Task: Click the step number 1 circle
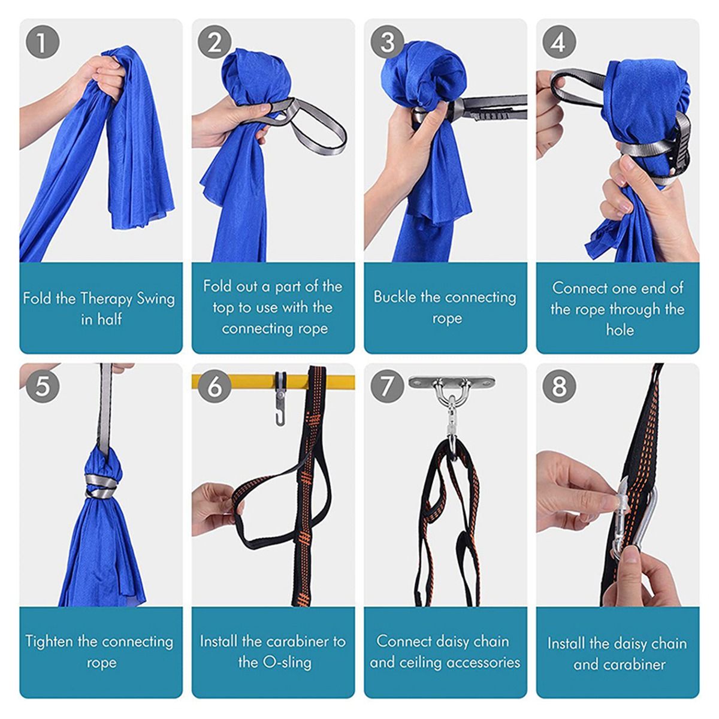[43, 42]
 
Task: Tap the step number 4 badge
[558, 42]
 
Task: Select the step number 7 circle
[387, 386]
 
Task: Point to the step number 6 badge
[215, 386]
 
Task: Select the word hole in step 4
[620, 330]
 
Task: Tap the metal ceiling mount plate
[452, 382]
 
